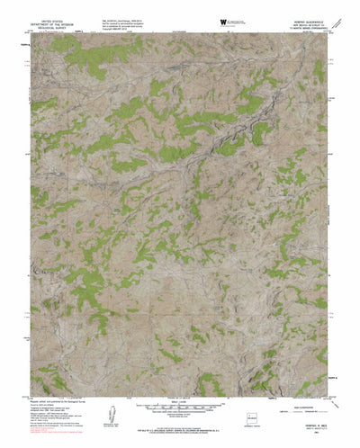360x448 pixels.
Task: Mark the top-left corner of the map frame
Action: coord(25,34)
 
